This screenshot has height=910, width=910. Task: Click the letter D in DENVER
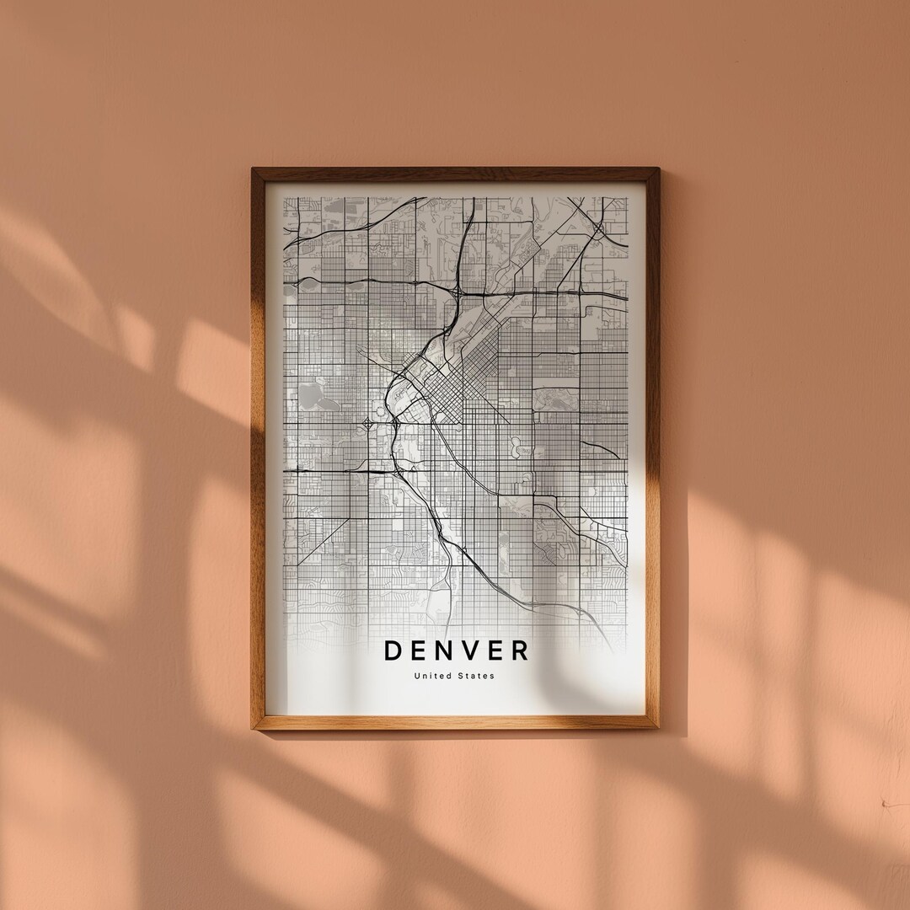point(393,650)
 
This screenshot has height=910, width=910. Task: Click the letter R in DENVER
point(522,650)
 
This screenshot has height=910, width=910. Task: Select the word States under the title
point(478,676)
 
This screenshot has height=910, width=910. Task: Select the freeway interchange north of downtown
point(458,292)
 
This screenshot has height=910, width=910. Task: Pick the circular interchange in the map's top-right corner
point(597,227)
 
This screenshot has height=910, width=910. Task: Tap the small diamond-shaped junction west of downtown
point(368,424)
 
